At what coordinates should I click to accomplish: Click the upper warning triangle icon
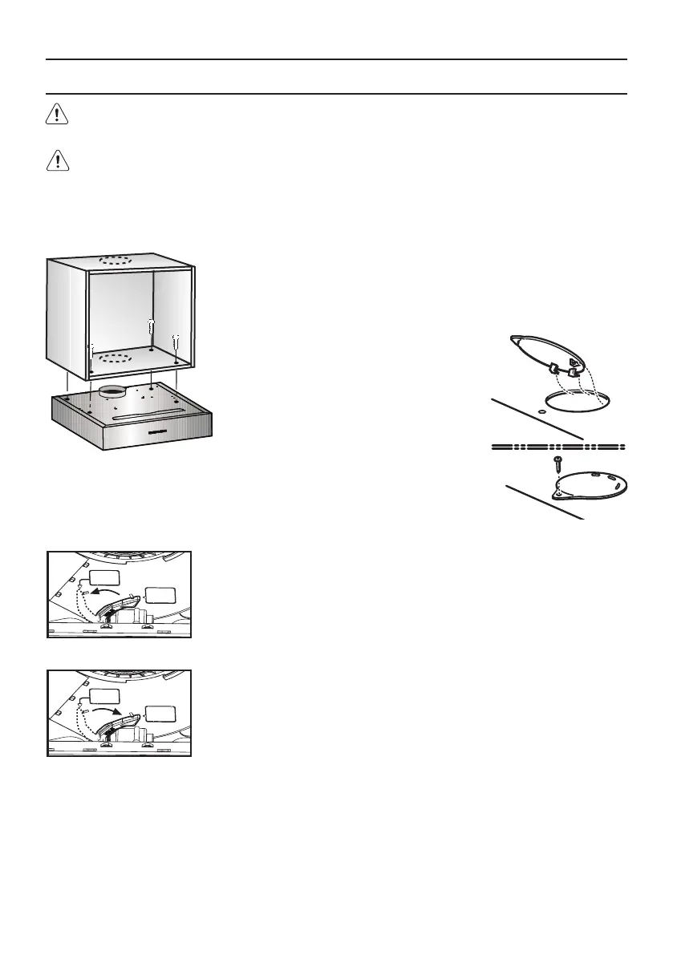point(56,115)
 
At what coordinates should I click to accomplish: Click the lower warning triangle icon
point(56,161)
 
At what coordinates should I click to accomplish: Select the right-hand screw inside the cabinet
point(176,346)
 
